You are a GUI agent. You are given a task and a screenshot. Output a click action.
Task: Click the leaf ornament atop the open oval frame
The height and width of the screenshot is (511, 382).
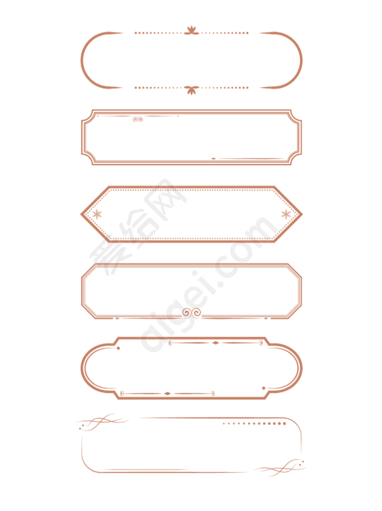click(x=191, y=31)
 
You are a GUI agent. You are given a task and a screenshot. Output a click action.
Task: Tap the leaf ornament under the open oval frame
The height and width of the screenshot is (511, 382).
click(x=191, y=90)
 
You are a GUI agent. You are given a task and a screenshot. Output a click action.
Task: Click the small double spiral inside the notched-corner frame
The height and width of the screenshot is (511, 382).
click(x=137, y=119)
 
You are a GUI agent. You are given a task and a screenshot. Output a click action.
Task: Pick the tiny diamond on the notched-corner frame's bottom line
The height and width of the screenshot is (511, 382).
click(x=214, y=159)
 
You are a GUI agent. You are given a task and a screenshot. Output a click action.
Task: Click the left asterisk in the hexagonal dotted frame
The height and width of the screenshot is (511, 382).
click(x=96, y=214)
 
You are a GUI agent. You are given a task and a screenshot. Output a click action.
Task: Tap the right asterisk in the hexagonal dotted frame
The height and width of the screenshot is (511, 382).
click(x=286, y=214)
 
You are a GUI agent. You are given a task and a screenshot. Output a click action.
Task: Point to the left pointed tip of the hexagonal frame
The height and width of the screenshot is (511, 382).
click(x=81, y=214)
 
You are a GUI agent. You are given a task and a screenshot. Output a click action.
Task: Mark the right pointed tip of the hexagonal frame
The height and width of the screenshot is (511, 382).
click(x=302, y=214)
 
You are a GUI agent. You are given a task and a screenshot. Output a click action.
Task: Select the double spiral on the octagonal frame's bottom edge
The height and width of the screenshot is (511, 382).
click(x=191, y=313)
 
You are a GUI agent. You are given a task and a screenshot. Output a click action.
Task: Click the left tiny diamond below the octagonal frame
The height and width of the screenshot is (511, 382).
click(x=117, y=318)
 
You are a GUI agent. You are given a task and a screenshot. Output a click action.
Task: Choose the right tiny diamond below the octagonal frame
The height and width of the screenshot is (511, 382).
click(x=266, y=318)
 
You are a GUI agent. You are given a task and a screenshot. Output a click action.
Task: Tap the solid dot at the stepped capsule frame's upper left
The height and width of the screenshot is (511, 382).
click(x=118, y=348)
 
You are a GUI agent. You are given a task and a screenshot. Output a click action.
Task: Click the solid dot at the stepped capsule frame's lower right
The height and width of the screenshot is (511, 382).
click(x=264, y=388)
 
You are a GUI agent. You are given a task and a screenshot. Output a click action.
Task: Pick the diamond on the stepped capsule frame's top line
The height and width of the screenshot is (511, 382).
click(x=215, y=343)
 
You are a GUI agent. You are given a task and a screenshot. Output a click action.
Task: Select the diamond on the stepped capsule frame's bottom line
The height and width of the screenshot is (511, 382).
click(x=168, y=394)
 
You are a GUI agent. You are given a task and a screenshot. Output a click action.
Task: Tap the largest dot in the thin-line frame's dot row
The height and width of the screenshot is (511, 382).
click(x=284, y=424)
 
